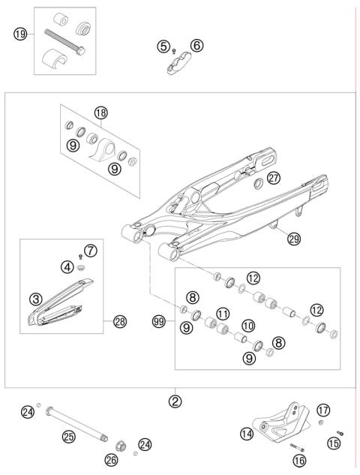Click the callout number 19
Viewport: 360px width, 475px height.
pos(20,33)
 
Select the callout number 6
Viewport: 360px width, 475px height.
pos(196,46)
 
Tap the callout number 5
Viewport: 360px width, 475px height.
pos(163,46)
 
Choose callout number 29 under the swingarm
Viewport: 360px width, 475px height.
pos(294,239)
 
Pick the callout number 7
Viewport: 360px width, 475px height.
pos(91,249)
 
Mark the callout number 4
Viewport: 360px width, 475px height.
pos(67,266)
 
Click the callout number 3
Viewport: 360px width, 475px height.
pos(35,298)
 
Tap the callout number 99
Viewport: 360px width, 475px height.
pos(159,320)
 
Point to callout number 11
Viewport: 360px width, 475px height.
pos(223,313)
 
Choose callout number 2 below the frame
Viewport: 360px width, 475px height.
pos(175,401)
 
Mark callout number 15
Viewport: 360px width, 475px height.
pos(334,443)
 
